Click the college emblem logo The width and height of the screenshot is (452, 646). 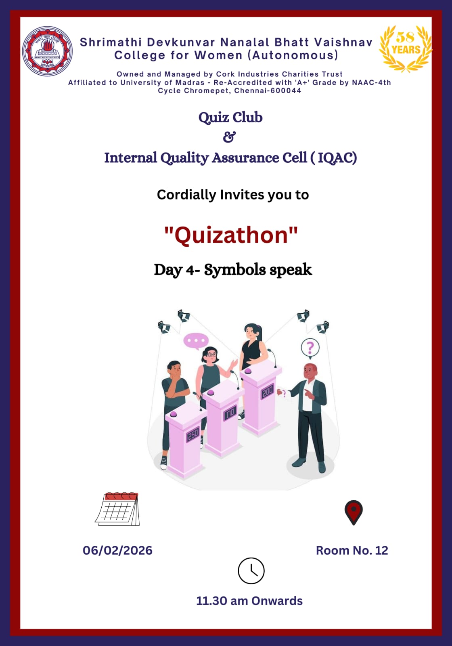point(47,51)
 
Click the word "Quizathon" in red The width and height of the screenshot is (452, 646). point(231,235)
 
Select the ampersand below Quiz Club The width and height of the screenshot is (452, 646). point(230,137)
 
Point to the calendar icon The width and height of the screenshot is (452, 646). point(117,509)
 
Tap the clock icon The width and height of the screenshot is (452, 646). point(251,571)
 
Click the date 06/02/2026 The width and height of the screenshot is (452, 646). point(117,551)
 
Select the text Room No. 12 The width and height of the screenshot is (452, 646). point(352,551)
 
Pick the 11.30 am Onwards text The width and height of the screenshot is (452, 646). point(249,601)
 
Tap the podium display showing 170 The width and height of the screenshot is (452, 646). point(230,413)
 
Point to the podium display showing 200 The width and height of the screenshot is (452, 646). point(267,392)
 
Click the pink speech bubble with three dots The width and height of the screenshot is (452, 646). point(196,341)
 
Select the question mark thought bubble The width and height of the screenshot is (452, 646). point(310,348)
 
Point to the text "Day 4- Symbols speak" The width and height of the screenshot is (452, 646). point(233,270)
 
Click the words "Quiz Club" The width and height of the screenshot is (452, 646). point(230,117)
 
